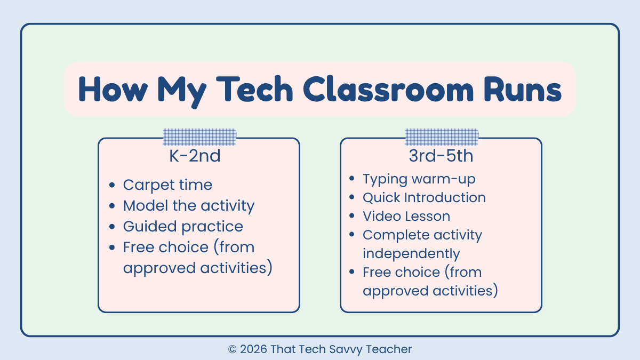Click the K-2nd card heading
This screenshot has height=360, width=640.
198,157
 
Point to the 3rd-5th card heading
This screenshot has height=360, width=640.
441,157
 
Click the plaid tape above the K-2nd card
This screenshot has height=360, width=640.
199,137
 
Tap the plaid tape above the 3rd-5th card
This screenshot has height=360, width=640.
442,137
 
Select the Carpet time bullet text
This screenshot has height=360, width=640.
167,185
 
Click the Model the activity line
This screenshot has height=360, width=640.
189,206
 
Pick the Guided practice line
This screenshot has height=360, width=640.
183,227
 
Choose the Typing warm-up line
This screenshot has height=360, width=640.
419,179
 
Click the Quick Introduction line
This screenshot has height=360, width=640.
424,198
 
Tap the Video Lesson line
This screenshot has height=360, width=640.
406,217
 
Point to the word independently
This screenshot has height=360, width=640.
411,253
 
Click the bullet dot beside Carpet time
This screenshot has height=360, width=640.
111,186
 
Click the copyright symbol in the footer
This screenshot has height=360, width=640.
232,350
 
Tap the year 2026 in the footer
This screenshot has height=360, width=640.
254,350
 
